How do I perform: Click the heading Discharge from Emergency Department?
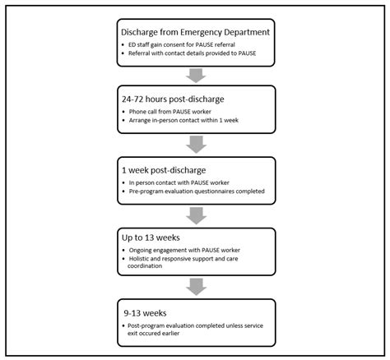click(195, 32)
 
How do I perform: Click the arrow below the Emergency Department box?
click(194, 75)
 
